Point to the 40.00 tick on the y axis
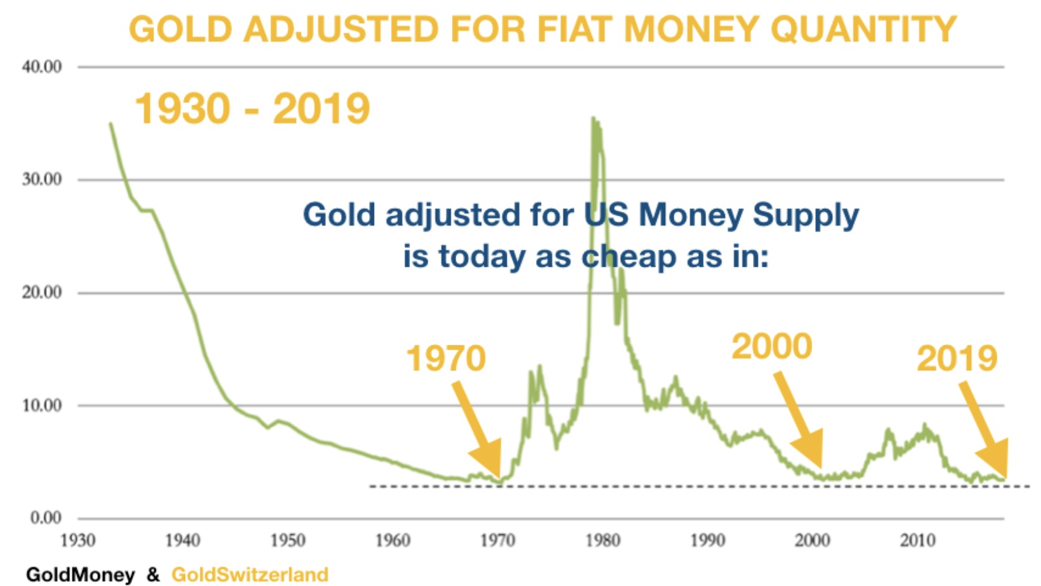coord(42,67)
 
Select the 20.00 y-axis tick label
coord(42,292)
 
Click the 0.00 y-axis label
coord(46,518)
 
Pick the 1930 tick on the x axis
coord(78,540)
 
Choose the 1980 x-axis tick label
coord(603,540)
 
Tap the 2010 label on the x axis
coord(918,540)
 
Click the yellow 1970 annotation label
coord(446,358)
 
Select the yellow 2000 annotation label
coord(772,346)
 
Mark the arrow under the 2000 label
coord(800,421)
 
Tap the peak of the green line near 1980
coord(593,118)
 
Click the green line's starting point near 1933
coord(111,123)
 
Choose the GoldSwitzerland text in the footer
coord(250,574)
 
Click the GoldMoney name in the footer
coord(80,574)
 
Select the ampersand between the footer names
coord(153,574)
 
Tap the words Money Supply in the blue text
coord(749,214)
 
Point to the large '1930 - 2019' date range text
coord(252,108)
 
